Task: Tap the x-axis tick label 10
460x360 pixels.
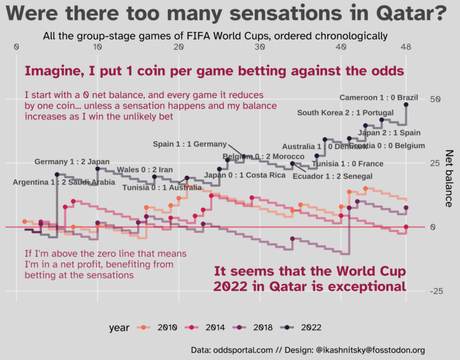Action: tap(97, 47)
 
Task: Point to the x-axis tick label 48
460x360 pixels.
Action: tap(406, 47)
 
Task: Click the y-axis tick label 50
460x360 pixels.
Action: tap(435, 99)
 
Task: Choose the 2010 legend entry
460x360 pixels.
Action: tap(158, 328)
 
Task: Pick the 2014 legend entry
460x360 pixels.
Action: tap(207, 328)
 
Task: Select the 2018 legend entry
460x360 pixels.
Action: tap(255, 328)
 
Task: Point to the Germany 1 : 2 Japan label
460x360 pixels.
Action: tap(72, 161)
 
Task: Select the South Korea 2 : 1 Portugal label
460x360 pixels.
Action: tap(345, 113)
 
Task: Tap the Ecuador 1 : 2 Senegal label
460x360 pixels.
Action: tap(332, 176)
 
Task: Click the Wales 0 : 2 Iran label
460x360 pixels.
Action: tap(145, 170)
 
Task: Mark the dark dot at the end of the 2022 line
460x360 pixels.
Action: tap(406, 104)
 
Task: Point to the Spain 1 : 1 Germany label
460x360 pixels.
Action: tap(190, 144)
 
